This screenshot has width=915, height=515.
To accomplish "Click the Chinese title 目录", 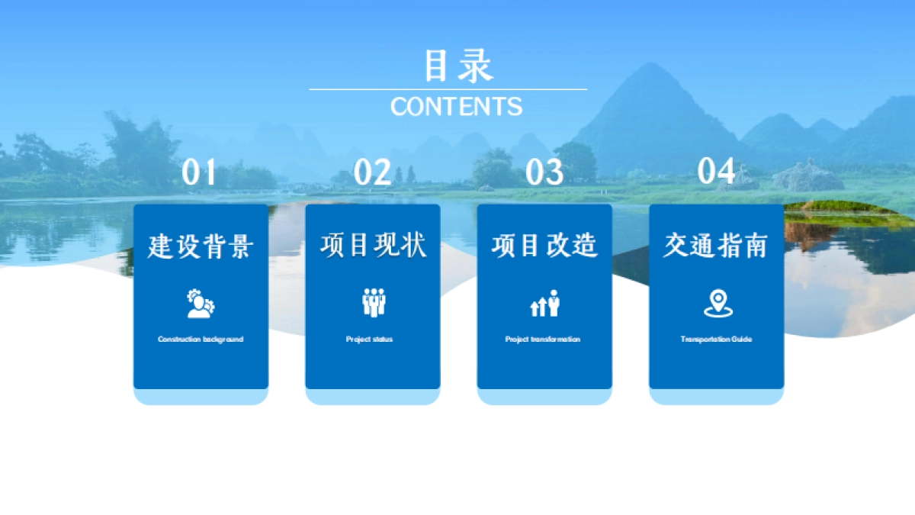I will (457, 66).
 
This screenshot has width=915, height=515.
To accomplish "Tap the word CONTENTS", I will (456, 107).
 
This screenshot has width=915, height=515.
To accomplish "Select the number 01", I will (200, 173).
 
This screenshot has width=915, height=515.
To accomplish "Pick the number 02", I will (372, 173).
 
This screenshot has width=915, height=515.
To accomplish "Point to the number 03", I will (544, 173).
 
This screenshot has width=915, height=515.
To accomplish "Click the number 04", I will (716, 172).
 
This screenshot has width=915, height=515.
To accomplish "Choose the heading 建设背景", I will (201, 246).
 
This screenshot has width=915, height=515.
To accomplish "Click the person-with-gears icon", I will (201, 304).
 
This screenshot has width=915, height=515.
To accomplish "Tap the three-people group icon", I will (373, 303).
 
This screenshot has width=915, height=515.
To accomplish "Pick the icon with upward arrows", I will (544, 304).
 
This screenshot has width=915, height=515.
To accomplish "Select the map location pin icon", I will (717, 303).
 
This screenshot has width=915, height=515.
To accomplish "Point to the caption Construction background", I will (201, 339).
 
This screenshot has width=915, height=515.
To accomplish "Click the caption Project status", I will (369, 339).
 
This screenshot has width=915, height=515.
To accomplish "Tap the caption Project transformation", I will (543, 339).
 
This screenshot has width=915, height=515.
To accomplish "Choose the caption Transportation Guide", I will (716, 339).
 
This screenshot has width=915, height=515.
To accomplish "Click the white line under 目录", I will (448, 89).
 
